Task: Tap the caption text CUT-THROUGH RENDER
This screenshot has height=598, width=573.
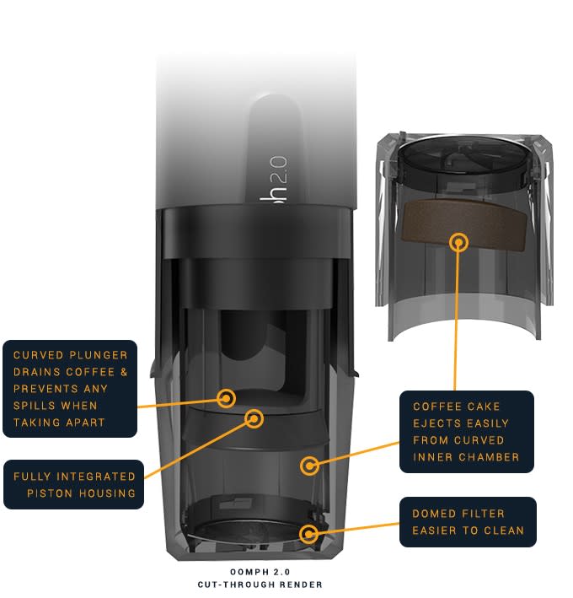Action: [260, 584]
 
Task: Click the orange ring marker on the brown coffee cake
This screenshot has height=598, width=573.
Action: [459, 241]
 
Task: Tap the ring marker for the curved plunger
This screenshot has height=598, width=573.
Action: [226, 397]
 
